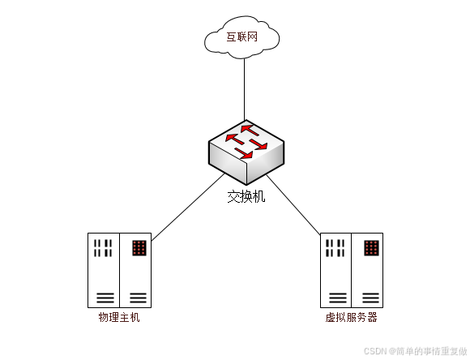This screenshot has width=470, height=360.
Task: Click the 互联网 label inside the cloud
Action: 242,37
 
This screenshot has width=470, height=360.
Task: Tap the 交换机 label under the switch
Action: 246,197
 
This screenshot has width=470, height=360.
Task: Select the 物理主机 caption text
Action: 119,317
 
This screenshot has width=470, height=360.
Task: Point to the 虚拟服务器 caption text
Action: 352,317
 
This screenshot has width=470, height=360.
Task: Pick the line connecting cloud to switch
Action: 244,89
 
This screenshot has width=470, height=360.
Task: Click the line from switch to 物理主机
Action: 188,207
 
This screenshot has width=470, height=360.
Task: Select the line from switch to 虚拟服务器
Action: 293,205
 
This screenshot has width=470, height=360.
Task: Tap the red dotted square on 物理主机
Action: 139,248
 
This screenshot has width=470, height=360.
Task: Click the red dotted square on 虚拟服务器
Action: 371,248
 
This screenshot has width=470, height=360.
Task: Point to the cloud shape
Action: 242,37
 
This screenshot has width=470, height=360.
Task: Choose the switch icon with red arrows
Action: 246,152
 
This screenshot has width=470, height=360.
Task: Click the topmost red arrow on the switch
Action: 250,131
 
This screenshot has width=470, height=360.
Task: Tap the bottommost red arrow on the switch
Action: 244,153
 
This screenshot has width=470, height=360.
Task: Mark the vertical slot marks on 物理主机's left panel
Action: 103,248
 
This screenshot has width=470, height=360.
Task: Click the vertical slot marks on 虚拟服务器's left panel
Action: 335,248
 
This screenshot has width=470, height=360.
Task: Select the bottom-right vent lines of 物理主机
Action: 139,298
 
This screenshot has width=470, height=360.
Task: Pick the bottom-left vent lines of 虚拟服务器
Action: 338,298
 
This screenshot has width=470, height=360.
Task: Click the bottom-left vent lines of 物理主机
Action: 105,298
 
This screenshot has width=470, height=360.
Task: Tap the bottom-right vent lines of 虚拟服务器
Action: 371,298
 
